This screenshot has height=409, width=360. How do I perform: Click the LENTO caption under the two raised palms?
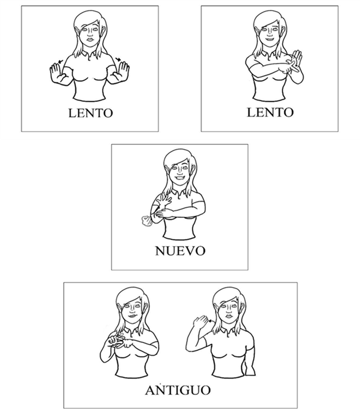[90, 113]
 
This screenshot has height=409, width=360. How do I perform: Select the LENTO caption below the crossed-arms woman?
[270, 112]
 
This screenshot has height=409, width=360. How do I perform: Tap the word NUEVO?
[180, 251]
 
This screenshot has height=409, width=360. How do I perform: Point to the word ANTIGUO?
[178, 390]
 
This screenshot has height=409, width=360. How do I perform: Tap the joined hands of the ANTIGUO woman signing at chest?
[120, 341]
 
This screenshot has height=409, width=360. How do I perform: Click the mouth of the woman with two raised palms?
[90, 40]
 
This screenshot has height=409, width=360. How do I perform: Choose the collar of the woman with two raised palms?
[90, 55]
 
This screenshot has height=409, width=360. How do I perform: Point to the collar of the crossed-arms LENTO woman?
[270, 54]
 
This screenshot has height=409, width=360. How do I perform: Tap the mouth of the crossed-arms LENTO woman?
[270, 40]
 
